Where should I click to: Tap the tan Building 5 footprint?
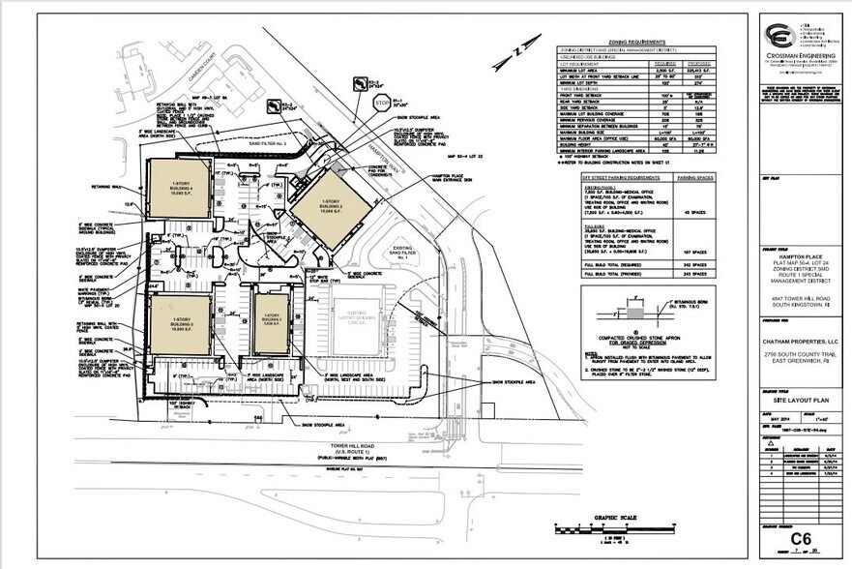click(x=180, y=327)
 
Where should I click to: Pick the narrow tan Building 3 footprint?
click(x=273, y=323)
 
